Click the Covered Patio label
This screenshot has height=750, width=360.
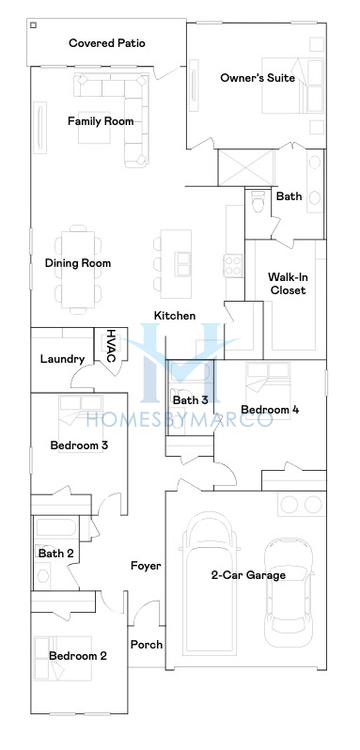(x=107, y=43)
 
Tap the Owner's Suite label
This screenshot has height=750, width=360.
(x=257, y=78)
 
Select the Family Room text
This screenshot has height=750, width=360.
(x=100, y=122)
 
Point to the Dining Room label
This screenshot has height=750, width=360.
(x=77, y=264)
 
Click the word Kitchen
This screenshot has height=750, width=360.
(x=174, y=316)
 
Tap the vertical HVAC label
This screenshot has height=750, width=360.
(x=111, y=346)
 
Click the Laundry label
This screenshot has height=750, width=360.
(x=61, y=359)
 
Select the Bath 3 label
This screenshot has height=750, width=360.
(x=191, y=401)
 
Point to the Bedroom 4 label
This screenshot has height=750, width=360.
(x=269, y=410)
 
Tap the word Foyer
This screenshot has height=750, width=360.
(x=146, y=566)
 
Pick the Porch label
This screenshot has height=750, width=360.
(x=146, y=645)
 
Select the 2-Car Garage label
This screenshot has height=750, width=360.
(x=248, y=575)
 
